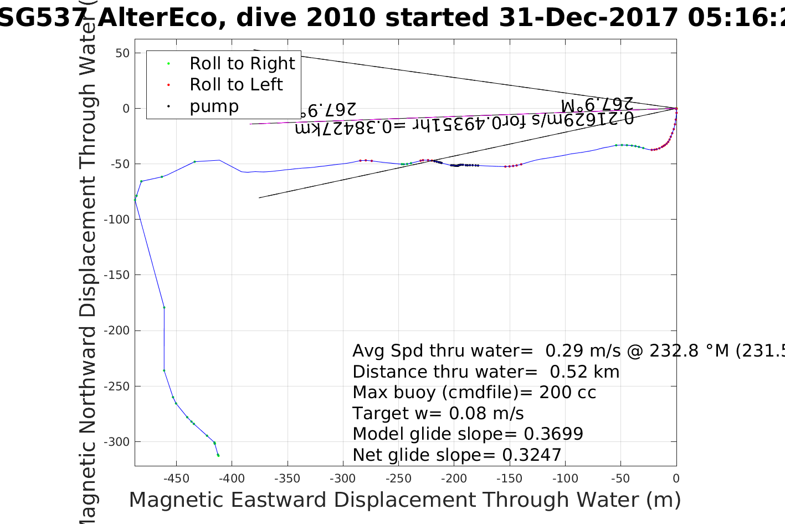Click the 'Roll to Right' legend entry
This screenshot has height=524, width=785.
tap(242, 64)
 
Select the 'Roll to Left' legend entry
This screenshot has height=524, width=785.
tap(236, 85)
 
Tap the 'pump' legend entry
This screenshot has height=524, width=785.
tap(214, 106)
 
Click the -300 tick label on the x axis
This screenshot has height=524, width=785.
tap(343, 479)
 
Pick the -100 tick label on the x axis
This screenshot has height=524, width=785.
tap(565, 479)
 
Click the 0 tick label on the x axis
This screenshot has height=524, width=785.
tap(676, 479)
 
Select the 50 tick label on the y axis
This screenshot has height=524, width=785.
tap(122, 53)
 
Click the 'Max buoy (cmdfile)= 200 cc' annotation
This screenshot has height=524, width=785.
tap(474, 393)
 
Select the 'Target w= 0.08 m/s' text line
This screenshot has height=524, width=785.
tap(438, 414)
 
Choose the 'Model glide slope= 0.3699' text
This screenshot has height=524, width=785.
tap(468, 434)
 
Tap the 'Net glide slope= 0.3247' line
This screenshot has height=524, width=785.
tap(457, 455)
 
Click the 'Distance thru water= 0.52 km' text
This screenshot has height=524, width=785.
tap(486, 372)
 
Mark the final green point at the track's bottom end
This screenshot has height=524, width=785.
tap(218, 455)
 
